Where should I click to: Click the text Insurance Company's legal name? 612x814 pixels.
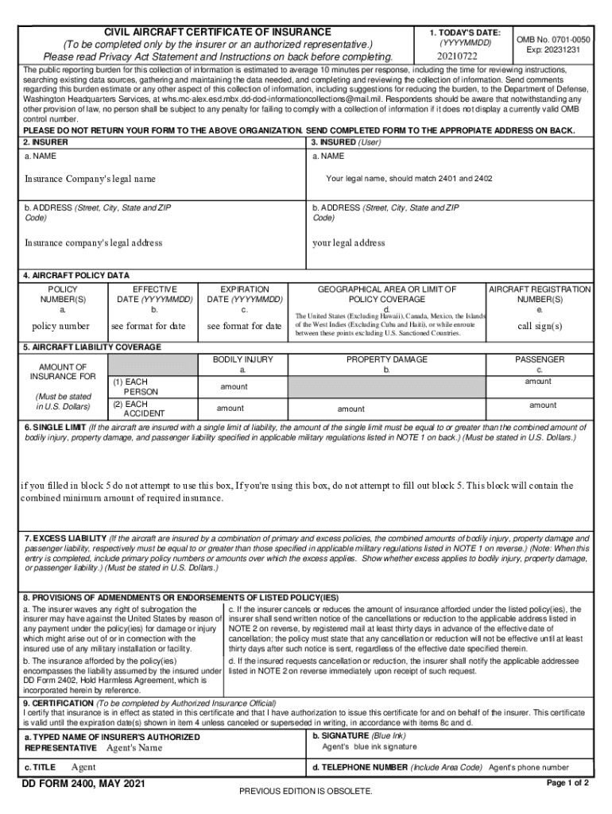[x=90, y=179]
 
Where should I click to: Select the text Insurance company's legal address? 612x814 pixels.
[x=93, y=242]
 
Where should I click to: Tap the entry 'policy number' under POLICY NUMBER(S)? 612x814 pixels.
[x=60, y=326]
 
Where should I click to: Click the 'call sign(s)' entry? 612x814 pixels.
[x=540, y=326]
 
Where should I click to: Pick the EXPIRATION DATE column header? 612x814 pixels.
[x=244, y=294]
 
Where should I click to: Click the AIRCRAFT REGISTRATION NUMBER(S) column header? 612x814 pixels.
[x=540, y=294]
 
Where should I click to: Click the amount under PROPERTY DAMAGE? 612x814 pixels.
[x=351, y=409]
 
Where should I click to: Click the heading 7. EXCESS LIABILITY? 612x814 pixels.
[x=64, y=538]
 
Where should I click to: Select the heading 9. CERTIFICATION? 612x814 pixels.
[x=58, y=704]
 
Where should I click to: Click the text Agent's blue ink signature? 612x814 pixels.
[x=369, y=747]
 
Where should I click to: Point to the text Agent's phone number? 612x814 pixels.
[x=529, y=767]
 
